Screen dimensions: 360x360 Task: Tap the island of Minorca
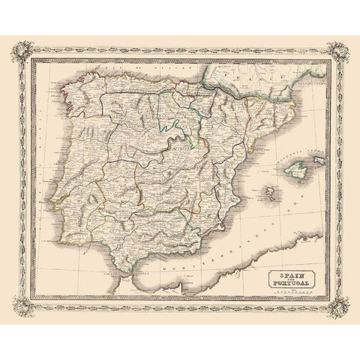[x=316, y=160]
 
